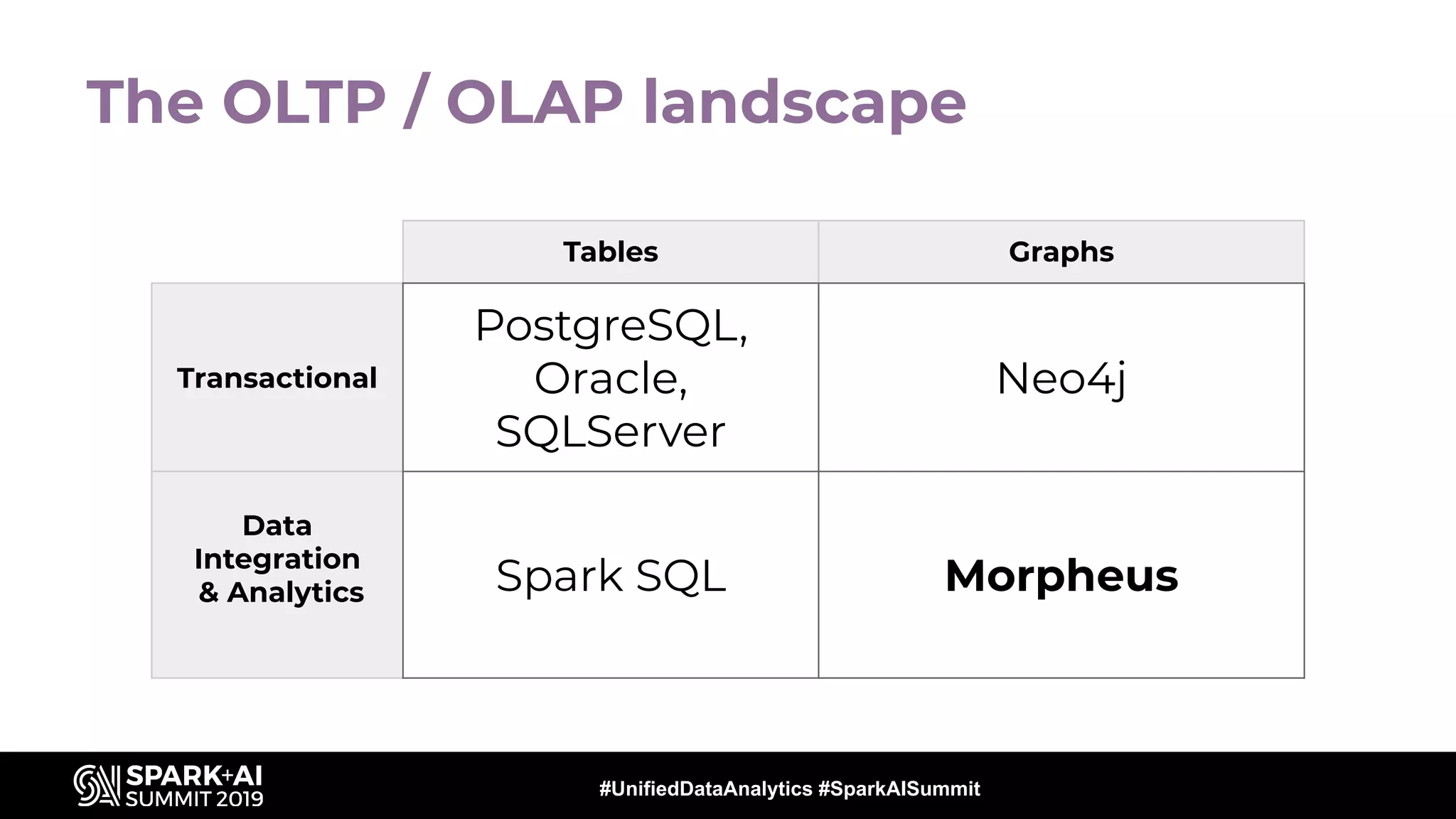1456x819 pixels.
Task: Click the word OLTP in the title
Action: point(304,102)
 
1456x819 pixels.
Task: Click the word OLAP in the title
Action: point(535,102)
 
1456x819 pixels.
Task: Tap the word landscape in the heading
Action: point(804,104)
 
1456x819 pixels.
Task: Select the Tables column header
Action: point(610,252)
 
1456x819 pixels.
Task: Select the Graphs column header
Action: point(1061,252)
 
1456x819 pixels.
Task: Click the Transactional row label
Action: point(277,378)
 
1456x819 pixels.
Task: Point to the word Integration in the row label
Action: point(277,559)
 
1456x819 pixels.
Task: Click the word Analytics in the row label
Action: point(295,592)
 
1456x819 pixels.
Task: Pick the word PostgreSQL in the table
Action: point(610,326)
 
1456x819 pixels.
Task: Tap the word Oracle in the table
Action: point(609,378)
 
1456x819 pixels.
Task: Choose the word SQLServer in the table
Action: point(610,432)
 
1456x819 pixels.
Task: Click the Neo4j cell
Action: point(1061,378)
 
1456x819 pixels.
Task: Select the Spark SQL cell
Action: point(610,575)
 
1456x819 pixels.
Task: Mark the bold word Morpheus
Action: point(1061,575)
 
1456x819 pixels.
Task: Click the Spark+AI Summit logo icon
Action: point(96,786)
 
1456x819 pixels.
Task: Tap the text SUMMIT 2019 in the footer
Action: point(194,799)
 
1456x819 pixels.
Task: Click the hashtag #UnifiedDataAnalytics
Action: point(705,788)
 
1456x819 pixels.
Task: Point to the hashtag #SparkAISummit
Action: point(899,788)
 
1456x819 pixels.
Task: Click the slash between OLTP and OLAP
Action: point(415,102)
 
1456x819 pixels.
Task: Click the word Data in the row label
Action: point(277,526)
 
